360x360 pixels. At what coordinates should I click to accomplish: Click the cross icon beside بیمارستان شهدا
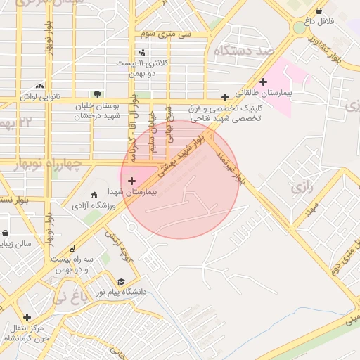(132, 181)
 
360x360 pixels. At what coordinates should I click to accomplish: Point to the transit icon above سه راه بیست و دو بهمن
(72, 247)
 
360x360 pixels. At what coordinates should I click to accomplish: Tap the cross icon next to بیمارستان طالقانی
(264, 82)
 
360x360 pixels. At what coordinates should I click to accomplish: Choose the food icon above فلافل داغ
(320, 11)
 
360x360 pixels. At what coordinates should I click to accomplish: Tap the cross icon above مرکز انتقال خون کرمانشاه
(27, 317)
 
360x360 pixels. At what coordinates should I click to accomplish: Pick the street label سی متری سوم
(165, 34)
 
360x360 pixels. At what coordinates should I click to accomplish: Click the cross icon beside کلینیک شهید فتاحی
(225, 97)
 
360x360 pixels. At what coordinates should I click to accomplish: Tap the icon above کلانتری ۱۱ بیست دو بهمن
(143, 51)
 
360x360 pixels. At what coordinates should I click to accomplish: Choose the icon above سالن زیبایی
(5, 233)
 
